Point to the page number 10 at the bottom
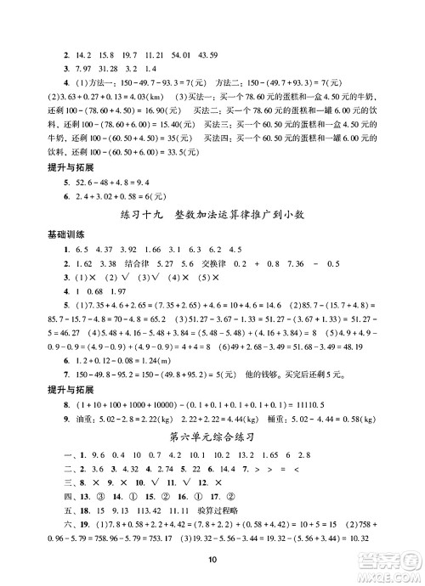(212, 559)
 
